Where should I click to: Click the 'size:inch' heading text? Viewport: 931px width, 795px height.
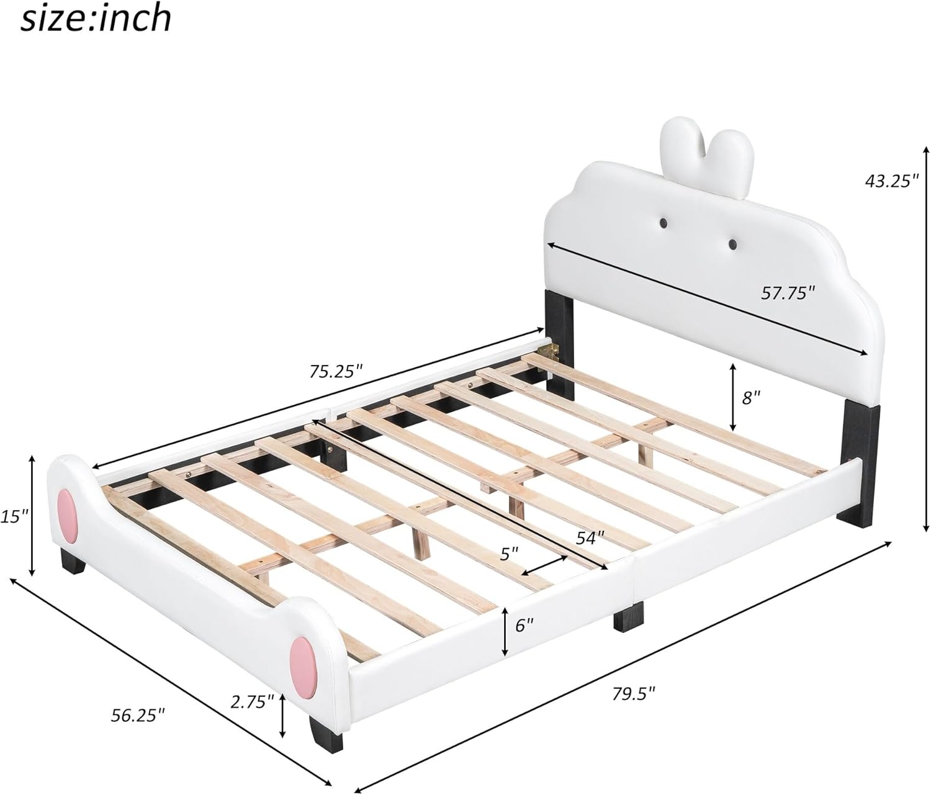[96, 19]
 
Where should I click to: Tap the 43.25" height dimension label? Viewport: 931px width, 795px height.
[892, 181]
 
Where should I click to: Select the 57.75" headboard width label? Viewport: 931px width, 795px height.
[788, 292]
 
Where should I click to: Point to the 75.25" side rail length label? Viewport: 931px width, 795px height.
[336, 371]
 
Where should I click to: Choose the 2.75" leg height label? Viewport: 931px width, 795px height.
[252, 702]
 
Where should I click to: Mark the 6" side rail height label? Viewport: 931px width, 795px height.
[524, 625]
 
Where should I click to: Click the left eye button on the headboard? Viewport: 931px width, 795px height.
[663, 222]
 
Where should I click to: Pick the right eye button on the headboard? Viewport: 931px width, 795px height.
[733, 245]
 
